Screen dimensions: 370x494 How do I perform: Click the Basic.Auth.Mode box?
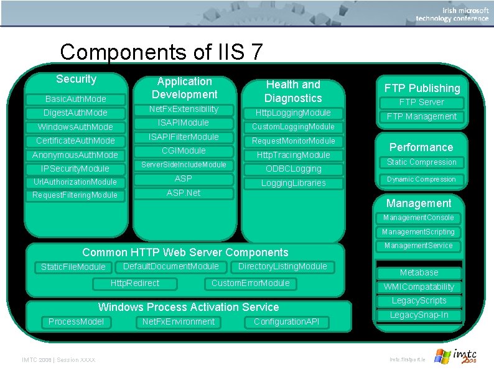click(x=76, y=99)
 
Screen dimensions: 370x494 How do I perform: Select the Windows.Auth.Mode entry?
click(x=76, y=127)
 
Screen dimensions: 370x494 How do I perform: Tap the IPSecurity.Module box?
click(x=75, y=169)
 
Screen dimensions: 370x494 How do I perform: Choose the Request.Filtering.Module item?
click(x=75, y=195)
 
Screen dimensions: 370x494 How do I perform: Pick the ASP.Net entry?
click(x=184, y=193)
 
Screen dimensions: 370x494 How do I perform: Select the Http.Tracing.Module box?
click(x=294, y=155)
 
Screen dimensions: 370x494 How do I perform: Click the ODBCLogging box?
click(x=294, y=169)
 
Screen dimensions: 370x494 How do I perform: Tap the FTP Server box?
click(x=421, y=102)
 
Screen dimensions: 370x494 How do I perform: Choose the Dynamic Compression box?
click(x=422, y=179)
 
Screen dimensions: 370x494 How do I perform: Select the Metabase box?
click(x=419, y=272)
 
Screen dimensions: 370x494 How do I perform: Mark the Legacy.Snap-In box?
click(x=419, y=315)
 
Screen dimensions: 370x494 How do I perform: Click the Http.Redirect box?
click(x=135, y=284)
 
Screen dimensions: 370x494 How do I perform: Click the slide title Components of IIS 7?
click(x=161, y=52)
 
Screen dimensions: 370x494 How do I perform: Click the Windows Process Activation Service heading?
click(x=189, y=307)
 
